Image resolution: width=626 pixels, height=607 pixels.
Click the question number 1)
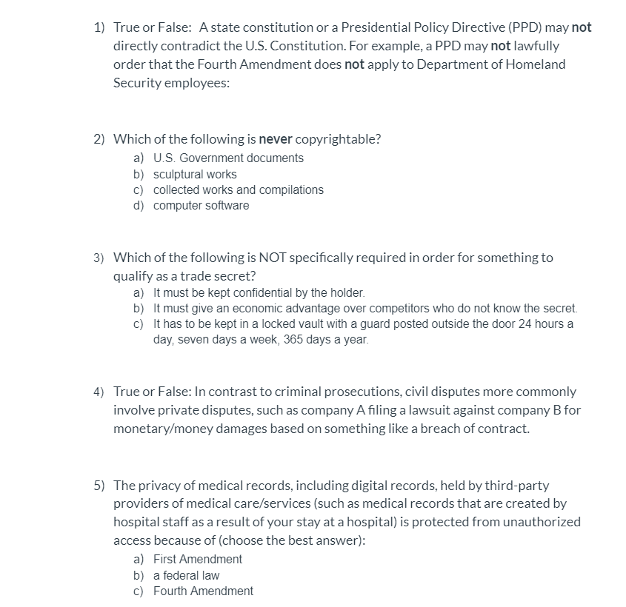click(99, 27)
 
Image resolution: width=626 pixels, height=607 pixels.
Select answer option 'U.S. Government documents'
click(227, 158)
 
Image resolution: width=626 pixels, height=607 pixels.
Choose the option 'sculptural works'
click(195, 174)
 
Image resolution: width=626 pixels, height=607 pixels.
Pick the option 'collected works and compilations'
click(238, 190)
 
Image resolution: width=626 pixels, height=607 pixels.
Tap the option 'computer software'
click(201, 205)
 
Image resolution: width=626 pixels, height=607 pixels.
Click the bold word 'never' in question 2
click(276, 139)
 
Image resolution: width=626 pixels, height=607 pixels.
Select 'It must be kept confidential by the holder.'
click(259, 293)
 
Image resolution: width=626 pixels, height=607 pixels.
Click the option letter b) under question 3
click(139, 308)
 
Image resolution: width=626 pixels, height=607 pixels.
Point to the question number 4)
click(99, 392)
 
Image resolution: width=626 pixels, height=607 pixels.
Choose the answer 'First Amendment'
click(197, 559)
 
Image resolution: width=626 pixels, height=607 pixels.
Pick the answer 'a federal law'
click(186, 575)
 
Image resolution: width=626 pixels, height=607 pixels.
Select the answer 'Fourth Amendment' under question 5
click(202, 591)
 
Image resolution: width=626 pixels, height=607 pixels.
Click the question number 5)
click(99, 486)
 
